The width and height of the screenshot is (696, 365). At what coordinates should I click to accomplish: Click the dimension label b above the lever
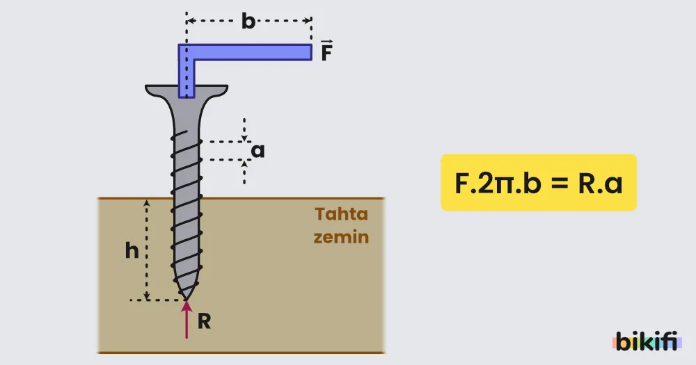click(x=248, y=21)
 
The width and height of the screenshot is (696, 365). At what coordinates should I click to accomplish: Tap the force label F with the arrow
click(x=326, y=50)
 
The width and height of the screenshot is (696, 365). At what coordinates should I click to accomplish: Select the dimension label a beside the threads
click(x=258, y=151)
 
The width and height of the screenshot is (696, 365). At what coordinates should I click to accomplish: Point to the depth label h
click(x=132, y=250)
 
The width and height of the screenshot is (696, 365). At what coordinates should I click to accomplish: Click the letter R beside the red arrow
click(x=204, y=321)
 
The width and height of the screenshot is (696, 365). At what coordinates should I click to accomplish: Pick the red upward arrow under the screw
click(x=187, y=320)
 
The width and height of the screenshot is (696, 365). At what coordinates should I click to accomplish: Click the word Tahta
click(x=342, y=214)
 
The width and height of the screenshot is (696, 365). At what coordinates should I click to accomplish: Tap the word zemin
click(x=341, y=237)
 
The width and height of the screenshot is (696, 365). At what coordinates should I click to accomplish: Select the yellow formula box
click(x=539, y=182)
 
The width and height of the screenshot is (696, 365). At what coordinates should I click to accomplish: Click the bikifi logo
click(x=647, y=341)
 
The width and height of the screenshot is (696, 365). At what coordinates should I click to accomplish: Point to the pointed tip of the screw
click(x=187, y=300)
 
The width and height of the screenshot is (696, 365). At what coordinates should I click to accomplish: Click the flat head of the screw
click(x=187, y=90)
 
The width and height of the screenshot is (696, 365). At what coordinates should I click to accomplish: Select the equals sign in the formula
click(x=560, y=183)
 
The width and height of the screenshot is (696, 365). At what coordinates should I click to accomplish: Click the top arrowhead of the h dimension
click(x=146, y=203)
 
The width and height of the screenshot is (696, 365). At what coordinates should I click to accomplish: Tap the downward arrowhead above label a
click(x=244, y=138)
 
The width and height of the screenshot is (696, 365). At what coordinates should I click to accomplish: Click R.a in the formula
click(x=600, y=183)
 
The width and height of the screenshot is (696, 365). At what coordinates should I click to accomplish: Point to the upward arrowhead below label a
click(x=244, y=164)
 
